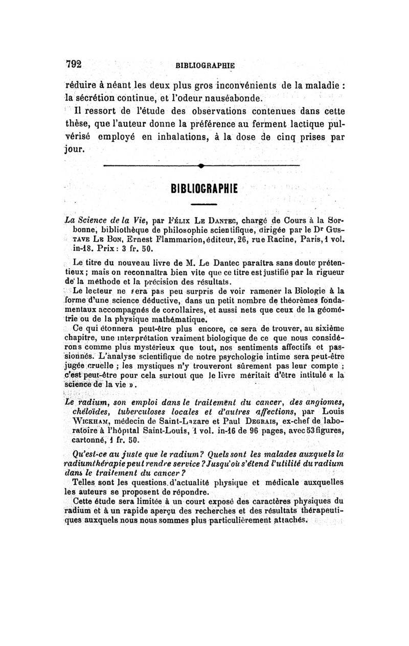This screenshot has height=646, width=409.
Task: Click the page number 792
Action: pyautogui.click(x=75, y=64)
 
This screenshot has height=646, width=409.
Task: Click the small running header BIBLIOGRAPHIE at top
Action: pyautogui.click(x=204, y=66)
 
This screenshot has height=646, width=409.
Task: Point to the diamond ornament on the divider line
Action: pyautogui.click(x=202, y=166)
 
